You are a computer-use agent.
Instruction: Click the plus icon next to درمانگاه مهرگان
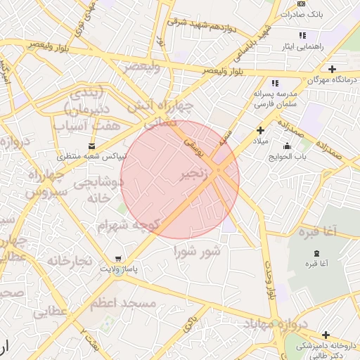[331, 69]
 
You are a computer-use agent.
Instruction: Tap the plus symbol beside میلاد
[260, 130]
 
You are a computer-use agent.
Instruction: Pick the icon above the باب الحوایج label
[287, 146]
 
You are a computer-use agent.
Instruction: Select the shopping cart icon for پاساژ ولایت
[118, 258]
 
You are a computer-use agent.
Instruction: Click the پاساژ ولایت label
[118, 269]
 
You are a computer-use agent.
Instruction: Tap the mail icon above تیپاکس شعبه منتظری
[91, 146]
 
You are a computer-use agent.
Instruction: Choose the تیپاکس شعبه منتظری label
[91, 156]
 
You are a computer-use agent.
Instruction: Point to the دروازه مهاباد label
[276, 325]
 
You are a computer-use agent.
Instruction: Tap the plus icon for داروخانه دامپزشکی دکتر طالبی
[326, 335]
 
